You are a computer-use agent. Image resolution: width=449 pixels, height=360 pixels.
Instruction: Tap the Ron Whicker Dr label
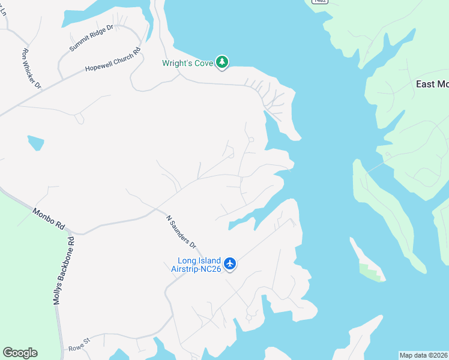[x=31, y=69]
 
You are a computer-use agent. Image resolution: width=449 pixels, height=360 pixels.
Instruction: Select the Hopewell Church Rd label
[x=112, y=61]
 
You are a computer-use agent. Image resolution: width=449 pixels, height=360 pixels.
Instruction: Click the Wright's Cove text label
[x=188, y=63]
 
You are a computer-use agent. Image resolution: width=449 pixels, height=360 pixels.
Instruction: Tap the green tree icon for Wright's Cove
[x=222, y=62]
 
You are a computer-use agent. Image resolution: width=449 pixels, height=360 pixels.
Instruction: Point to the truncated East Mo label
[x=432, y=84]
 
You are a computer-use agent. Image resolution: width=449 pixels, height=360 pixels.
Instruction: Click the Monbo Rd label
[x=49, y=220]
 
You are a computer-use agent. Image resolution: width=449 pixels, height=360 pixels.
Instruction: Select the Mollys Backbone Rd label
[x=65, y=270]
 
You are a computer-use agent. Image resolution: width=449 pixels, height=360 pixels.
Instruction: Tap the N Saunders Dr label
[x=181, y=232]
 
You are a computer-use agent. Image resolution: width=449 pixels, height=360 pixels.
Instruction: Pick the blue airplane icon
[x=230, y=263]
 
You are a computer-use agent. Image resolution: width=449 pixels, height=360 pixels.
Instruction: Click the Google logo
[x=20, y=353]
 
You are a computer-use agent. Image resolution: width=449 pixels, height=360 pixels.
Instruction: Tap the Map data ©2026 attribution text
[x=423, y=355]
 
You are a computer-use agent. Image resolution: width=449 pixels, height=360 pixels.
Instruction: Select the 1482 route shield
[x=319, y=2]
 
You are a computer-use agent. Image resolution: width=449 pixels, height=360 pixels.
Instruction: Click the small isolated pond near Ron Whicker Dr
[x=35, y=142]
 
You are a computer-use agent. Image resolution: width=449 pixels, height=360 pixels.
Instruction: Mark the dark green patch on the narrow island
[x=370, y=271]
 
